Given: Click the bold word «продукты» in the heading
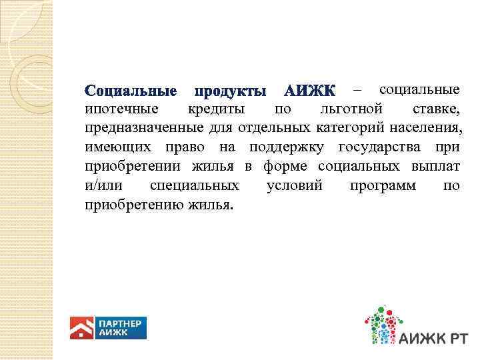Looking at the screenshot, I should (229, 91).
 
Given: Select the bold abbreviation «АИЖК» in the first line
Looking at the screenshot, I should (311, 91).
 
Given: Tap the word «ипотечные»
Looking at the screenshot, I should (122, 109).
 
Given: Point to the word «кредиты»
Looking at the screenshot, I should (215, 109).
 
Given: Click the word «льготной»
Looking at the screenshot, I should (351, 109).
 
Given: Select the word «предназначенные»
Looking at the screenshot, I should (141, 127).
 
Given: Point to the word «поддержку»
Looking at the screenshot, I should (287, 147).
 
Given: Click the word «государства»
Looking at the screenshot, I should (379, 147).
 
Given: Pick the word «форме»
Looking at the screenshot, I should (287, 166).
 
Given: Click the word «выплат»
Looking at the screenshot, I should (436, 166).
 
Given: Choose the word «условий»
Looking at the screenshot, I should (294, 185).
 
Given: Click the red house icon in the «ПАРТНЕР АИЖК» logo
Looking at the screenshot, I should (82, 328).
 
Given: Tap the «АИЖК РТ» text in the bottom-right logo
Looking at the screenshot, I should (433, 338).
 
